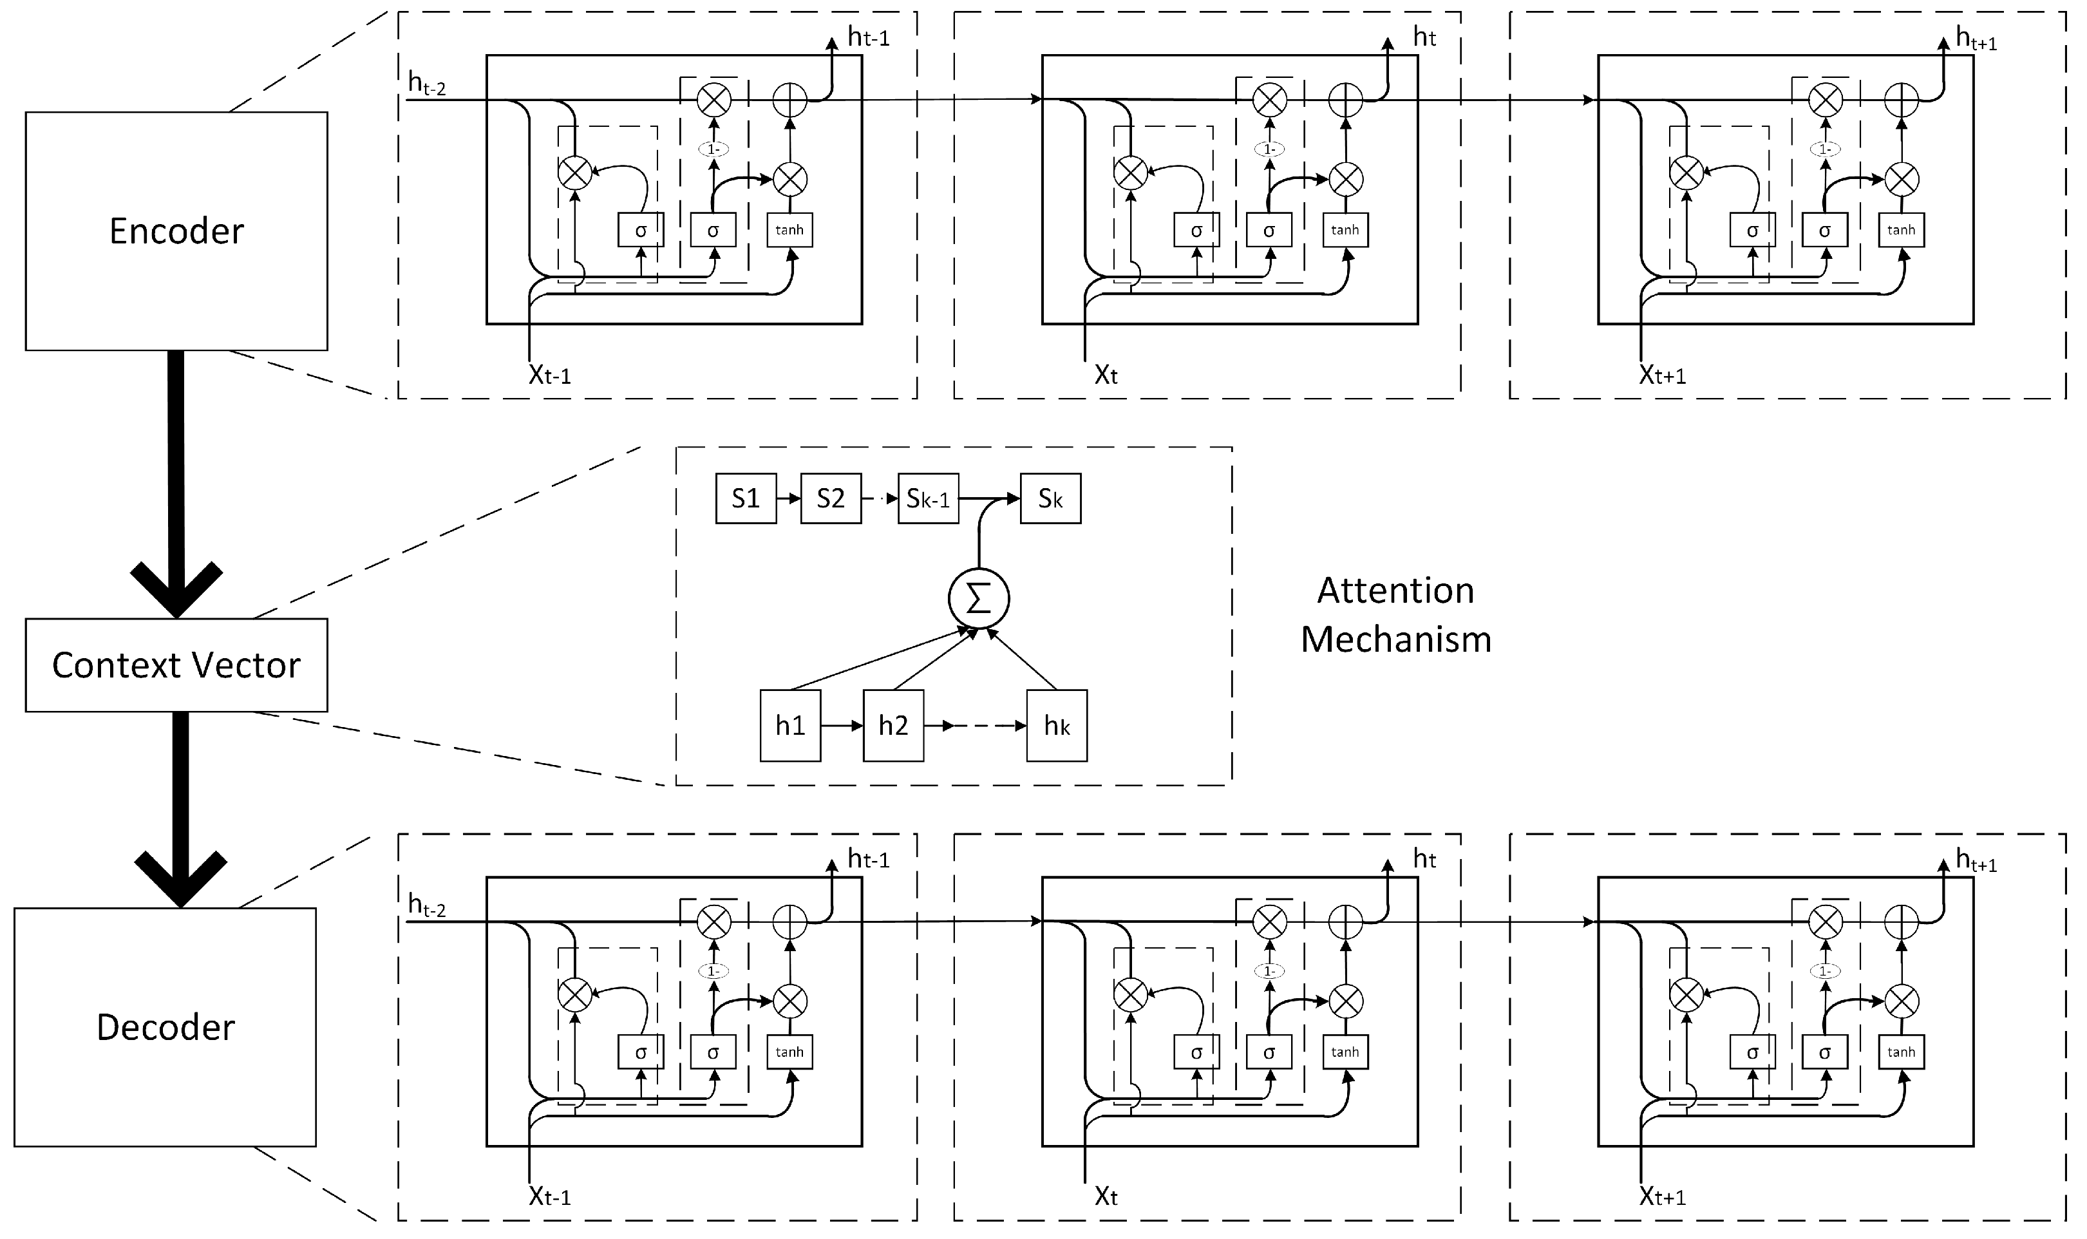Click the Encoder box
tap(176, 231)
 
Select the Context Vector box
tap(176, 665)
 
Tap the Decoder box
tap(165, 1027)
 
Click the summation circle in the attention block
tap(978, 599)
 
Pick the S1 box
tap(746, 498)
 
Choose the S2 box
tap(831, 498)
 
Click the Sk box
tap(1050, 498)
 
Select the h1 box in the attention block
tap(789, 726)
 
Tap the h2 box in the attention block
tap(893, 726)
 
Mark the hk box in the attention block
tap(1057, 726)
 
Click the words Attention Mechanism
tap(1396, 614)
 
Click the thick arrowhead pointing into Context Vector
tap(176, 589)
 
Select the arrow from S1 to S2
tap(789, 498)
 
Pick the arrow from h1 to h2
tap(842, 726)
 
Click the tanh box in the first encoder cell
tap(789, 230)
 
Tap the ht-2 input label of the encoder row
tap(426, 84)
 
